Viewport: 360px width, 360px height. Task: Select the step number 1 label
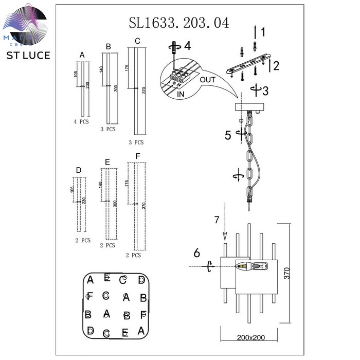[262, 33]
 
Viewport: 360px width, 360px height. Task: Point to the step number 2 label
[276, 65]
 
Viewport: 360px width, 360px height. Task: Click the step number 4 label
[187, 46]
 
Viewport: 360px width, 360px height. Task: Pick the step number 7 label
[217, 220]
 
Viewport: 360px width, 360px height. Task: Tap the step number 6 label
[196, 253]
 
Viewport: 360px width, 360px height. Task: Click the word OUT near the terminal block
[208, 80]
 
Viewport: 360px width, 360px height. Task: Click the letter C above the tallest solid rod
[137, 41]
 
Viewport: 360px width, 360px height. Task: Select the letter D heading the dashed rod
[78, 170]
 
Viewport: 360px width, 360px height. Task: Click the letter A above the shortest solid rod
[82, 55]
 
